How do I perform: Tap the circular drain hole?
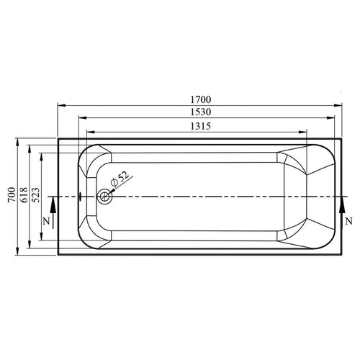[106, 196]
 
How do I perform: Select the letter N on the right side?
[348, 221]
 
